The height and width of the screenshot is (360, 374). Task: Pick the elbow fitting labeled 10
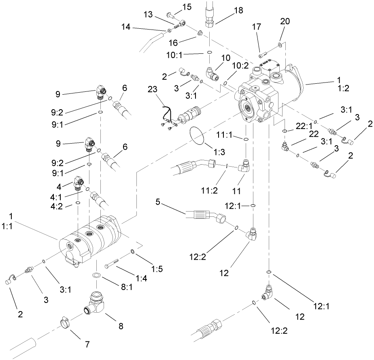(212, 74)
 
